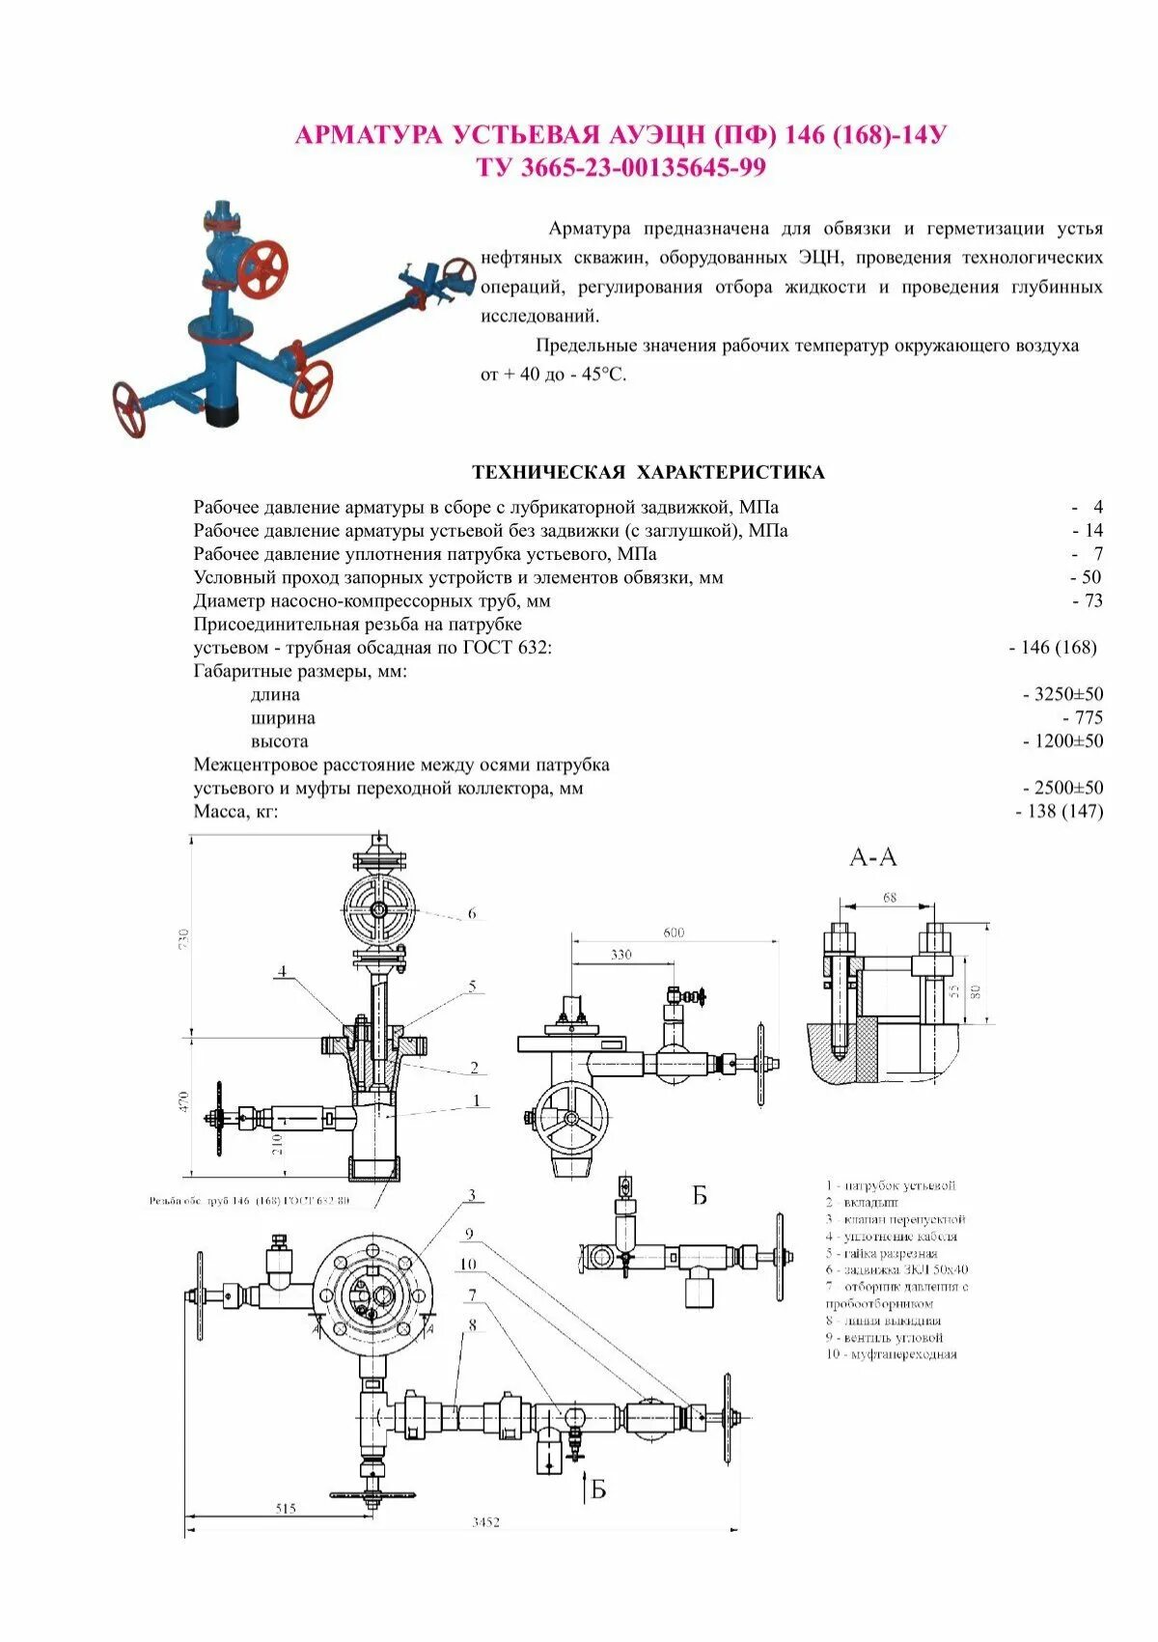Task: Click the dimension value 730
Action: click(184, 937)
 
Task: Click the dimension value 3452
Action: click(486, 1522)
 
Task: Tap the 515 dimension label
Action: click(286, 1508)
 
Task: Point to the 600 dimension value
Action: click(674, 932)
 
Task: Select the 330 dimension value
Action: click(621, 955)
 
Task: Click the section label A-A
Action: click(873, 856)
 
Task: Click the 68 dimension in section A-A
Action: click(890, 898)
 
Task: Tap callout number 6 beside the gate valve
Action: click(472, 913)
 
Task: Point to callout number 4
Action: click(283, 971)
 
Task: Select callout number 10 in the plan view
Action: click(469, 1264)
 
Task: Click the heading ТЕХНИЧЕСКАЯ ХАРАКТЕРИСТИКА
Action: click(648, 472)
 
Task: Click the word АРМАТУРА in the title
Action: click(371, 134)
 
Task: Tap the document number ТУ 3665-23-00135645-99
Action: click(620, 167)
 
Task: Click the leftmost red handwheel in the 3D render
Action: click(128, 409)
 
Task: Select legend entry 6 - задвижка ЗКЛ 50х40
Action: click(896, 1269)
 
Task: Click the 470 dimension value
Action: click(184, 1102)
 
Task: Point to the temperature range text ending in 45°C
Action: click(554, 375)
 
